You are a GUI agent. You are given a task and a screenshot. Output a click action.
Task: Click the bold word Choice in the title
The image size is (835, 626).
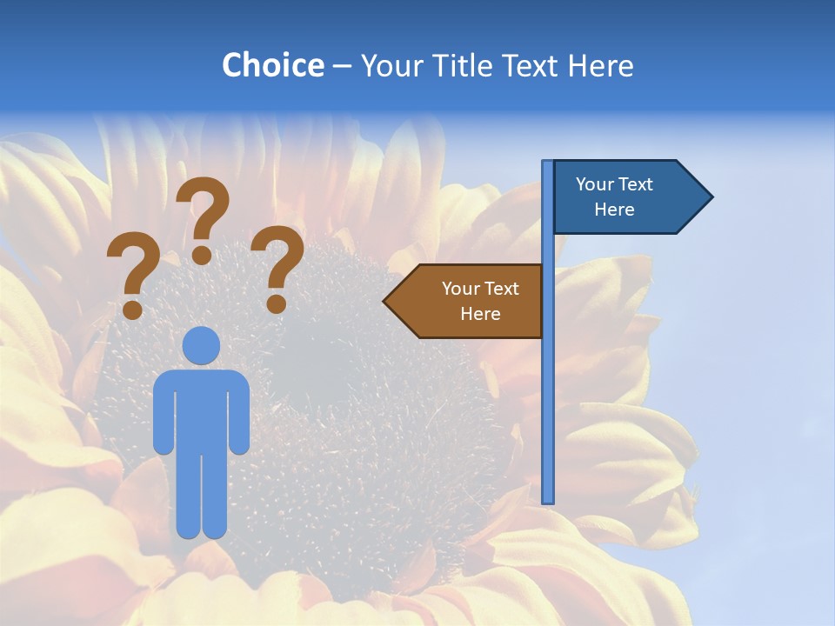272,65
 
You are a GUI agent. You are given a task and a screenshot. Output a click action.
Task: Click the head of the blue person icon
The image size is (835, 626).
201,345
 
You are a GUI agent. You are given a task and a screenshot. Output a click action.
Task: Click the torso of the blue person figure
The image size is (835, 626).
201,409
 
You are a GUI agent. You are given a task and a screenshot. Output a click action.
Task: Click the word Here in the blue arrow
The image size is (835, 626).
614,210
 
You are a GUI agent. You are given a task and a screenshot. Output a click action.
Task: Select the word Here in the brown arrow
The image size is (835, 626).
480,314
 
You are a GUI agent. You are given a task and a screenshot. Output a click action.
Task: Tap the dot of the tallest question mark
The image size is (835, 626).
202,255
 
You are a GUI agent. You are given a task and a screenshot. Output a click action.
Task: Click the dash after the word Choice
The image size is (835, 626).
342,66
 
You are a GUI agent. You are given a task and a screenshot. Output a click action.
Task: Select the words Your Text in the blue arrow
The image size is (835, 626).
614,184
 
